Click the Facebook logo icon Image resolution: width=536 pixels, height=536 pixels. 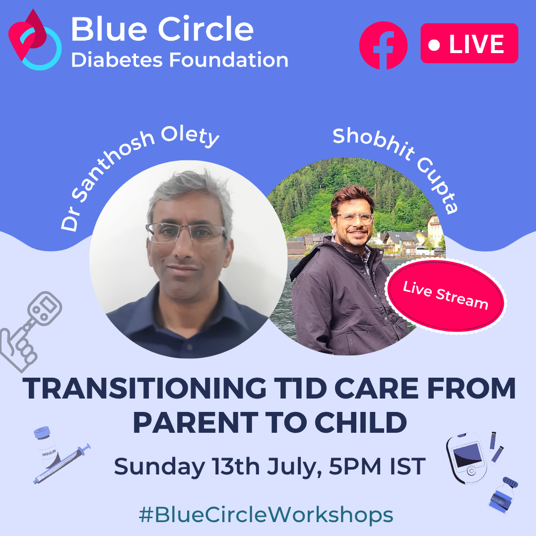(x=383, y=46)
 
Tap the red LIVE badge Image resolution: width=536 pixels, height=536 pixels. (x=469, y=43)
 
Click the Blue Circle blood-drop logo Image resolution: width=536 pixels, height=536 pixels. (x=35, y=40)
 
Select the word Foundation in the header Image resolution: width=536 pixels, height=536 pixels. (x=229, y=60)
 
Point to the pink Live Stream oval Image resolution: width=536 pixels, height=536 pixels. (x=445, y=296)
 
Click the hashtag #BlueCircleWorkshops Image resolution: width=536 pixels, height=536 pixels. (x=266, y=515)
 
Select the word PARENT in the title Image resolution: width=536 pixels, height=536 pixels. (x=196, y=422)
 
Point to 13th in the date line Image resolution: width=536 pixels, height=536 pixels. (x=236, y=466)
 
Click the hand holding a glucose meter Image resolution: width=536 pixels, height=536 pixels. (x=31, y=331)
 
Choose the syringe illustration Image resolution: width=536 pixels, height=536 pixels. (x=62, y=464)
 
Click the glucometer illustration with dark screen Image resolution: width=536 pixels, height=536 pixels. (x=467, y=458)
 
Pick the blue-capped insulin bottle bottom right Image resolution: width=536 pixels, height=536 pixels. (x=503, y=495)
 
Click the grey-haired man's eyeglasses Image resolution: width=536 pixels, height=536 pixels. (x=186, y=233)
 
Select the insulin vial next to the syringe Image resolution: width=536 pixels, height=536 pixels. (x=47, y=447)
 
